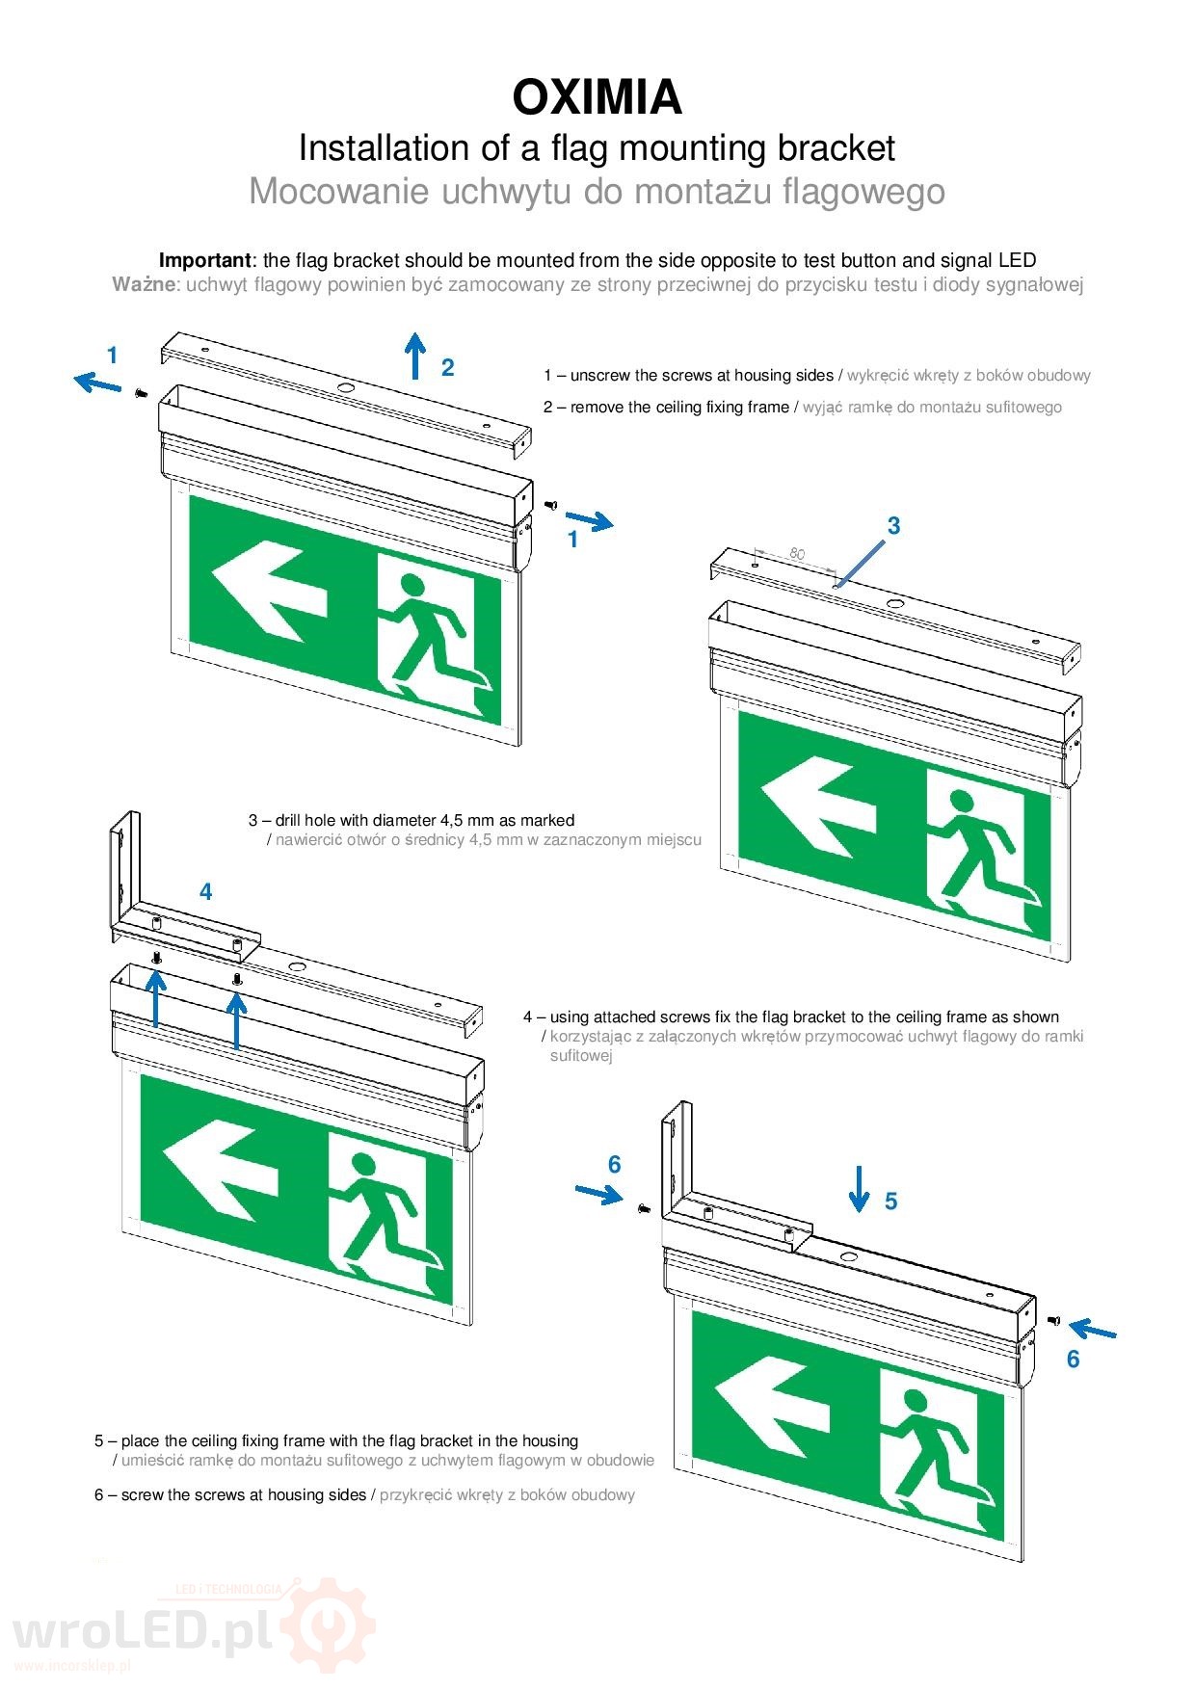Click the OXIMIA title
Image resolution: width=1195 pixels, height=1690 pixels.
597,97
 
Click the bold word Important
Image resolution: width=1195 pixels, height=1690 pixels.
204,260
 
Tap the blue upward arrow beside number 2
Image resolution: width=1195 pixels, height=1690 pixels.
415,356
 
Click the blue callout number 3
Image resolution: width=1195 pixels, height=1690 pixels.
893,525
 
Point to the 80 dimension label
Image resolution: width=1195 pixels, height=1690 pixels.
796,553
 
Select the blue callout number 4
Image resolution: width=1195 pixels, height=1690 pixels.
205,891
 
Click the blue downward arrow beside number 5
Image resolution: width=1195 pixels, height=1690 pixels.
859,1188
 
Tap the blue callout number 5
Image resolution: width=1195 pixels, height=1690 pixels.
890,1201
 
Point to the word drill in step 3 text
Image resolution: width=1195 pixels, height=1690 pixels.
289,820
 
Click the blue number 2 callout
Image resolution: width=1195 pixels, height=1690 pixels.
447,367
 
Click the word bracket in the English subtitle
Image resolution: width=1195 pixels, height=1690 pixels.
836,147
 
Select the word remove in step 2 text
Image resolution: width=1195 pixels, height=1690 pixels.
597,407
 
